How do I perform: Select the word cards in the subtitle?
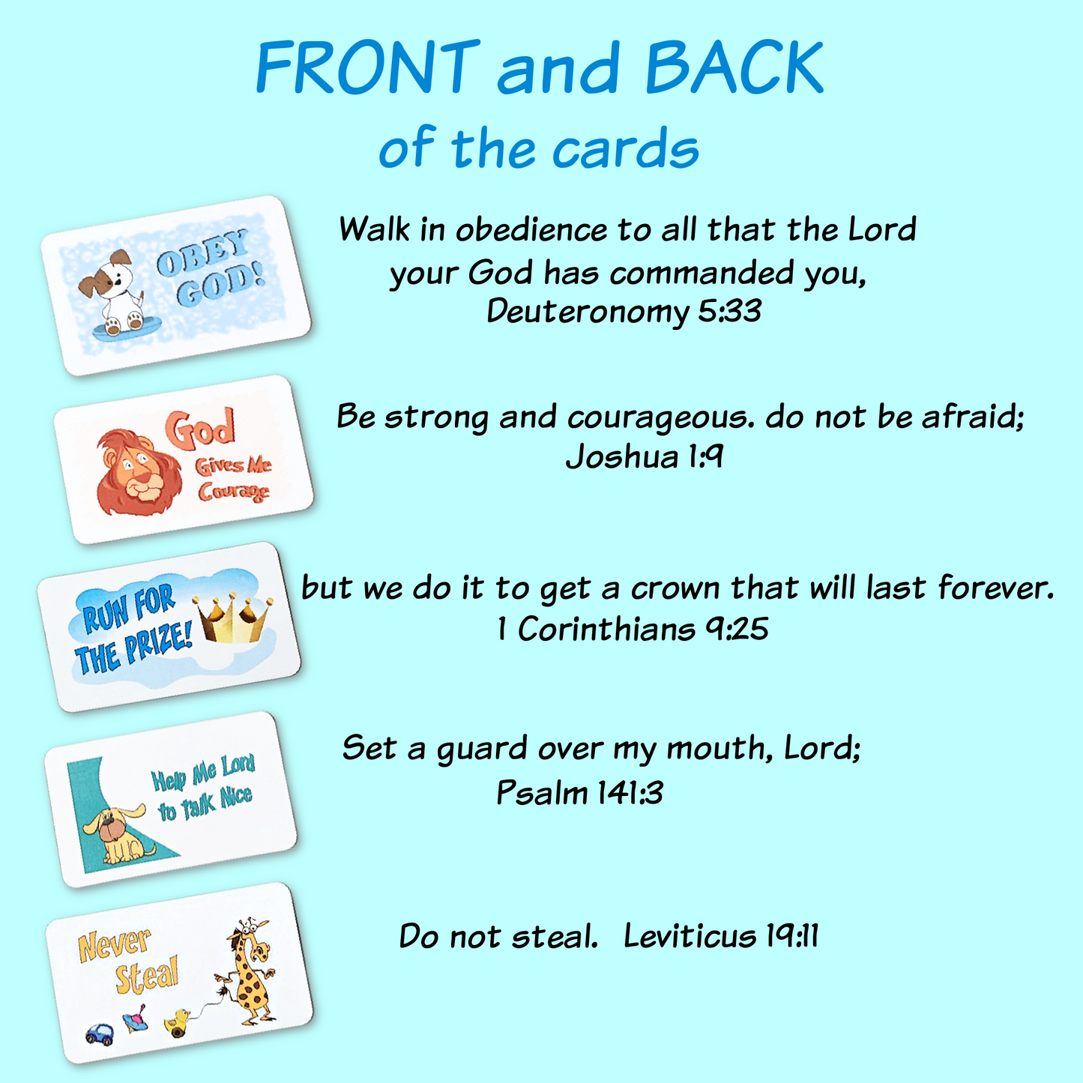(625, 149)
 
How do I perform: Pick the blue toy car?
(100, 1035)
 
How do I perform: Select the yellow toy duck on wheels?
(178, 1022)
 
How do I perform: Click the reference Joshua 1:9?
(645, 456)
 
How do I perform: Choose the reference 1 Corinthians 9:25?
(633, 629)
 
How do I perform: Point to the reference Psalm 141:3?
(579, 792)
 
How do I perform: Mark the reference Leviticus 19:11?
(721, 936)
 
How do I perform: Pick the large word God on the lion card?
(200, 429)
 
